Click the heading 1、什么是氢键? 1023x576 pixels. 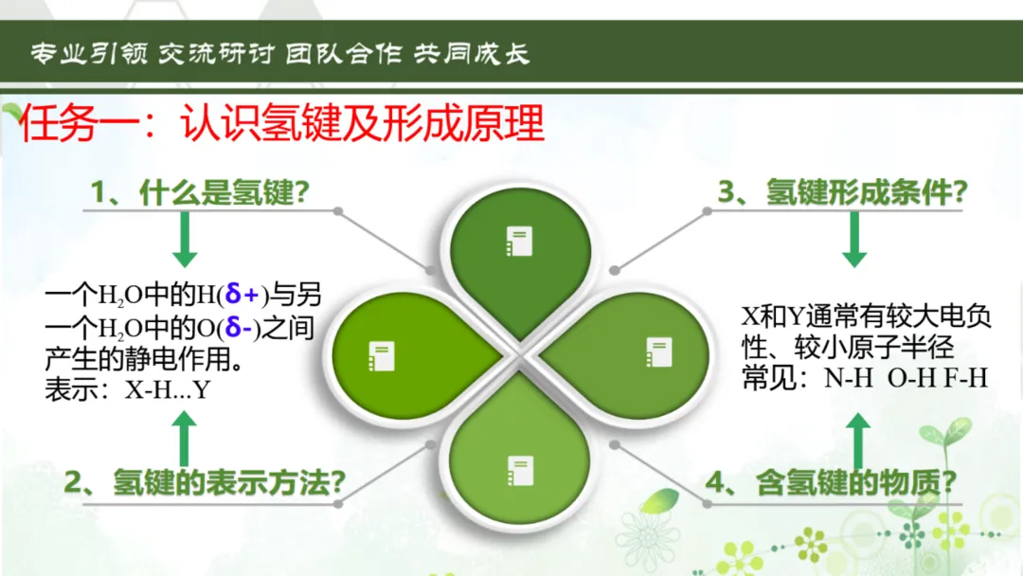point(200,192)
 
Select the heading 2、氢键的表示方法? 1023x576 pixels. point(205,483)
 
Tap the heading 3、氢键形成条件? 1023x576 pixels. point(842,191)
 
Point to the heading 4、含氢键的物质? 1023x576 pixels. point(831,483)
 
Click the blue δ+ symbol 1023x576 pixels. point(242,295)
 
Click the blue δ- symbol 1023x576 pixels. point(239,327)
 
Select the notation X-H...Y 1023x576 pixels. point(168,390)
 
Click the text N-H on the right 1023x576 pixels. point(848,378)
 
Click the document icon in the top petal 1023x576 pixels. point(519,242)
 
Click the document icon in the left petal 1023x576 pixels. point(382,356)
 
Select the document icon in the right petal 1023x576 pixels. point(659,352)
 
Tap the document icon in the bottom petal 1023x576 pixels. point(521,470)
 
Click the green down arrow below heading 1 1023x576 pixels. point(185,240)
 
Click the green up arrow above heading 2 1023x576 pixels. point(184,439)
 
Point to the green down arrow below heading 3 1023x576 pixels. point(854,240)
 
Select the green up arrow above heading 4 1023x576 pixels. point(858,441)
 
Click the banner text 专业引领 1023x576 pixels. point(89,53)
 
